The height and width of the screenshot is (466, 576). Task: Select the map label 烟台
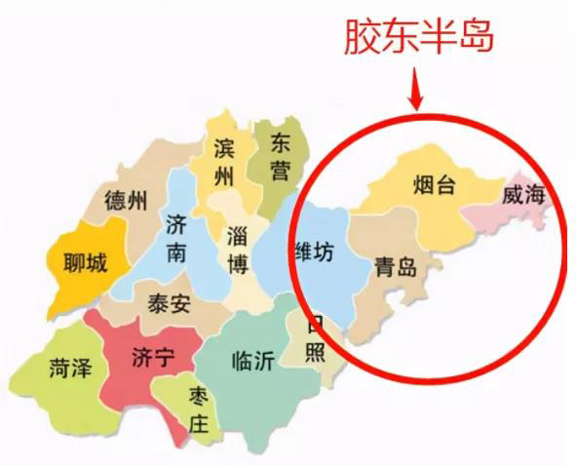click(x=434, y=185)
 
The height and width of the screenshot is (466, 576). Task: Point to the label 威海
click(x=522, y=194)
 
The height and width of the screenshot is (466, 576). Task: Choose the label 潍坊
click(x=314, y=252)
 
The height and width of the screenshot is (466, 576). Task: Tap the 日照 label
click(x=315, y=337)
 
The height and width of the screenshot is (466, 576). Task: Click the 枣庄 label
click(x=199, y=409)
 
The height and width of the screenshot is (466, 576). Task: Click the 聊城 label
click(x=83, y=262)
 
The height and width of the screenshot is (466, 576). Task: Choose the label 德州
click(x=127, y=202)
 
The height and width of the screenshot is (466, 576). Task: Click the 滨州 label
click(x=225, y=163)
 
